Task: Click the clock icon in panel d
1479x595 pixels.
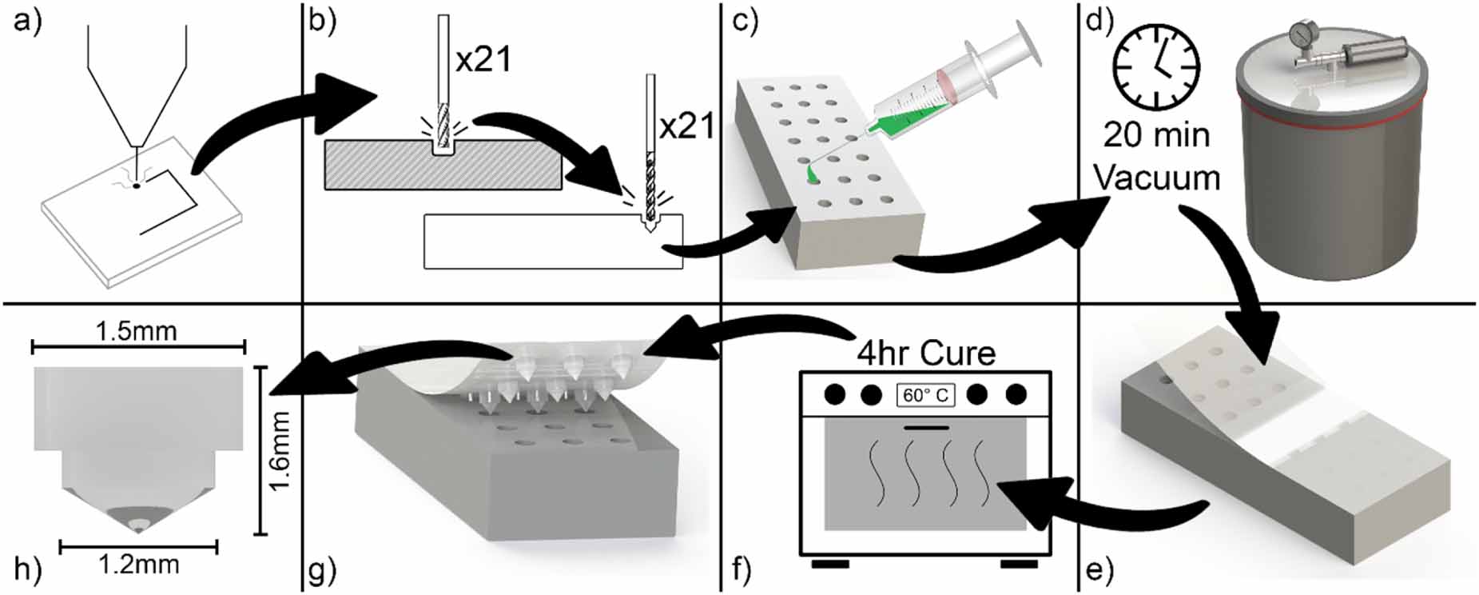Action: [x=1157, y=66]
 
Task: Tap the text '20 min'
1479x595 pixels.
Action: [x=1156, y=135]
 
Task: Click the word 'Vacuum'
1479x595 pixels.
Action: [x=1156, y=177]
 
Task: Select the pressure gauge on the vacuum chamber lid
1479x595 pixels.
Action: [x=1301, y=34]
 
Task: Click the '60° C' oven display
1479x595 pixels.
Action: [x=925, y=395]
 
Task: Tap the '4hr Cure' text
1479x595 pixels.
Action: [x=926, y=353]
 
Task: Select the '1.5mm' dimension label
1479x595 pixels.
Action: [x=137, y=330]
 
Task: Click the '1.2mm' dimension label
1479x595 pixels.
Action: [x=138, y=565]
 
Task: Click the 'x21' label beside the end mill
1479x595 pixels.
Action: [x=483, y=59]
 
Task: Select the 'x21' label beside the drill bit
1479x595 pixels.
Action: [x=686, y=126]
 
